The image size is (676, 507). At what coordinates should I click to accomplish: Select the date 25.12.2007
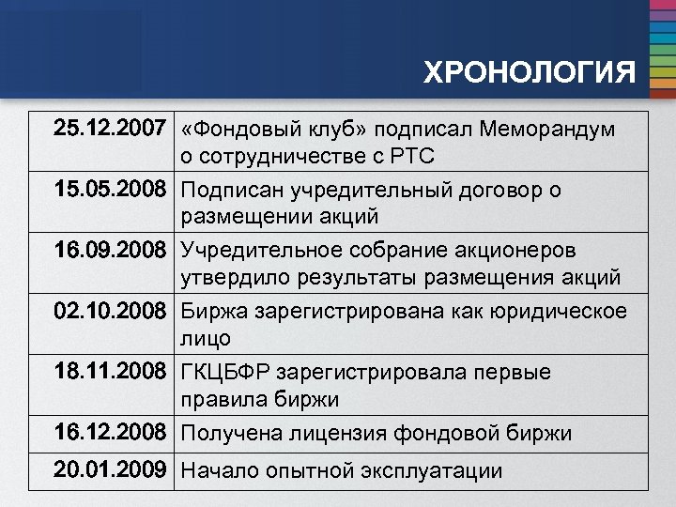click(x=111, y=129)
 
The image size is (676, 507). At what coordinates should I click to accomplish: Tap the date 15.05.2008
click(x=111, y=190)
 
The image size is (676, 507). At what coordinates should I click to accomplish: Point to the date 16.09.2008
click(x=111, y=251)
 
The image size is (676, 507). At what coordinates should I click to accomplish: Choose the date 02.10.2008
click(x=111, y=311)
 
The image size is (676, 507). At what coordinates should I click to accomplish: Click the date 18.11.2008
click(x=111, y=372)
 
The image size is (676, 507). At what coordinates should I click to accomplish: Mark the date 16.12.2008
click(x=111, y=433)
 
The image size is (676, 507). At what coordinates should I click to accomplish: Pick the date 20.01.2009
click(x=111, y=469)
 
